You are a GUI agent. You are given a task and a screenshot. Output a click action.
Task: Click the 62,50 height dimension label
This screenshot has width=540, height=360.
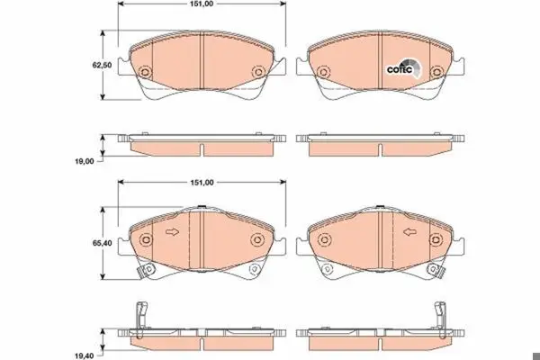[102, 65]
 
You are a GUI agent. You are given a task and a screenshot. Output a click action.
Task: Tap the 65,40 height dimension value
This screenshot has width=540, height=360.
[102, 243]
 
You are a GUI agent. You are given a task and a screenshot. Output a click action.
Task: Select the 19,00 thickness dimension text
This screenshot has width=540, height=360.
[85, 161]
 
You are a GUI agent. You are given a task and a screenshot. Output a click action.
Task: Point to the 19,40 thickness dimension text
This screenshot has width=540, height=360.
[85, 355]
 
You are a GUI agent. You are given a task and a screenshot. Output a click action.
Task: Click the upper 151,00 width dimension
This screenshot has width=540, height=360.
[202, 4]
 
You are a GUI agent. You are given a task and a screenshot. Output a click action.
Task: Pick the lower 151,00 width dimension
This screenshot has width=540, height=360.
[202, 183]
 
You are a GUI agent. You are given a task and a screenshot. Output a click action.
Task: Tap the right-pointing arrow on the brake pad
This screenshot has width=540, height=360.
[173, 232]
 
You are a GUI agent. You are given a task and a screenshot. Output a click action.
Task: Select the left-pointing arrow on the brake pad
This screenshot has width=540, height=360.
[409, 232]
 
